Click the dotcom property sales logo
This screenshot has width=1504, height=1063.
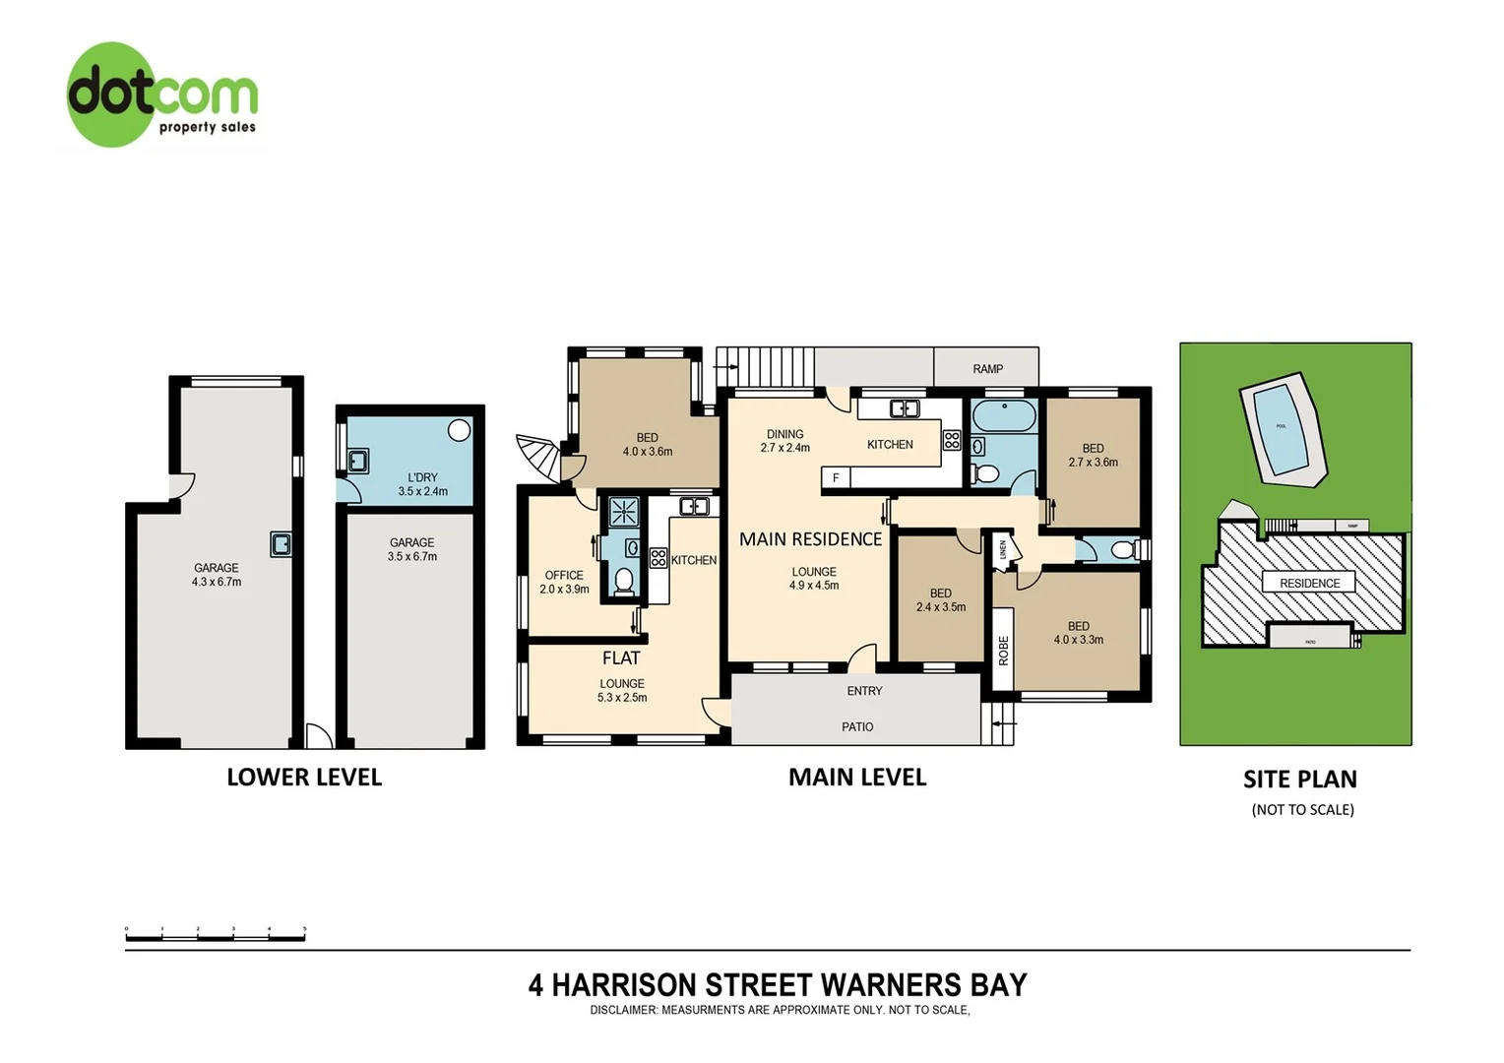(161, 95)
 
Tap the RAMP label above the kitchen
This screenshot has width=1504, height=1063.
(987, 369)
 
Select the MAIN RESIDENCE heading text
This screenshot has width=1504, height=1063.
(810, 539)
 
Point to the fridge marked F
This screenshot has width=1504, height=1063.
(836, 478)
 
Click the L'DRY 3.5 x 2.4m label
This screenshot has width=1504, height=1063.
(422, 484)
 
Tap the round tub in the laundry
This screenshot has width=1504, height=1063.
(459, 430)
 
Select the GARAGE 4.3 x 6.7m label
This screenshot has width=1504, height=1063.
(216, 575)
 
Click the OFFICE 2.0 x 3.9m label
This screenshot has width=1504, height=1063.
(564, 582)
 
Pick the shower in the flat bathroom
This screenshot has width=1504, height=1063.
(623, 513)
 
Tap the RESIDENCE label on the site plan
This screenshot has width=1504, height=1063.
(1309, 583)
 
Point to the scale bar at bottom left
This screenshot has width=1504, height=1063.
(216, 934)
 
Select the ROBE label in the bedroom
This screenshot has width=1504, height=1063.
(1003, 651)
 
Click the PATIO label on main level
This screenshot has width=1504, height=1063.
(856, 726)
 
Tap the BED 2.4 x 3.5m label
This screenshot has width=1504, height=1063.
(940, 600)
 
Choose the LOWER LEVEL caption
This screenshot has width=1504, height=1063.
(304, 777)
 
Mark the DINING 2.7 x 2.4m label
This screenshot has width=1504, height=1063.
(784, 441)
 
